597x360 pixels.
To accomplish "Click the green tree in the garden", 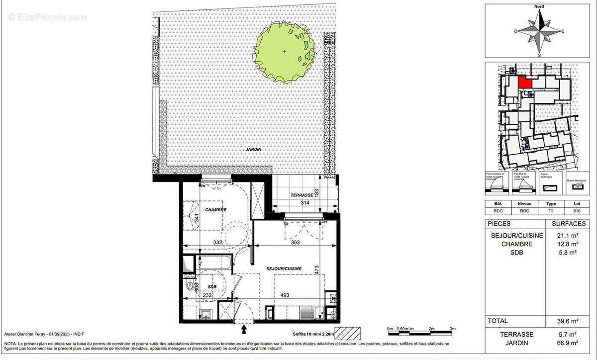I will tap(285, 51).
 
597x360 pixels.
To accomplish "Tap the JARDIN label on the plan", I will tap(253, 149).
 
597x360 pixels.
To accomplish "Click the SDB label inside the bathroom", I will tap(212, 287).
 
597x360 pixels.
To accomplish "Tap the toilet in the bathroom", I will tap(190, 286).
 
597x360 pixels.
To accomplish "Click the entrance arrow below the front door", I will tap(244, 329).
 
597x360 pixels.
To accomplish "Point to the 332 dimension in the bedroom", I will tap(217, 242).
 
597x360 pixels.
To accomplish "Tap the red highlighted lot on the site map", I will tap(524, 82).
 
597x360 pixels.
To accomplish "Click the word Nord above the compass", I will tap(539, 6).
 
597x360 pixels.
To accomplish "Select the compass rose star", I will tap(540, 31).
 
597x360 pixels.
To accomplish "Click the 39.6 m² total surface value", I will tap(567, 321).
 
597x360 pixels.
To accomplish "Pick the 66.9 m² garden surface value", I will tap(567, 343).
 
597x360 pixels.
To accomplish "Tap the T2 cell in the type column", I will tap(551, 210).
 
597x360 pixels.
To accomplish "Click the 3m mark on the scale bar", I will tap(453, 329).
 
